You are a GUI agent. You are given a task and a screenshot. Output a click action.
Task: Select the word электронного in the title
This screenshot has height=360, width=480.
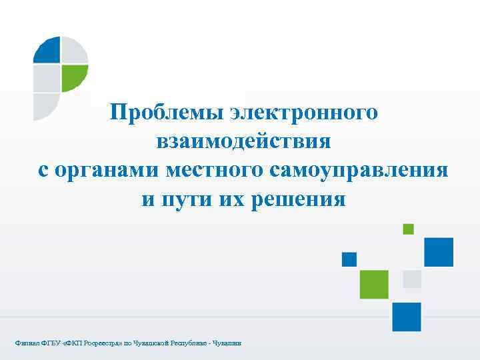tap(304, 112)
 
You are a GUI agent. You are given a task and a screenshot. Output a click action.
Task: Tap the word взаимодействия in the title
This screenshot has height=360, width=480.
tap(243, 141)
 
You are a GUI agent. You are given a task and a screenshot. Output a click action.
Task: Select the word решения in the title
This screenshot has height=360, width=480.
tap(299, 199)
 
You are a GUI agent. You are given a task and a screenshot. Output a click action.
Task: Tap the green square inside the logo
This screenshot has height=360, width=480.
tap(74, 78)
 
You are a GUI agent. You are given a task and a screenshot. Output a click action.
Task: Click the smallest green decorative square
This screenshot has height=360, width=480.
tap(408, 229)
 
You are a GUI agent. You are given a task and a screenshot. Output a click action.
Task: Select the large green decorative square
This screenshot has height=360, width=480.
tap(373, 284)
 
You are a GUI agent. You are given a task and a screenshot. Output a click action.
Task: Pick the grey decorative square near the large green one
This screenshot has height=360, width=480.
tap(412, 279)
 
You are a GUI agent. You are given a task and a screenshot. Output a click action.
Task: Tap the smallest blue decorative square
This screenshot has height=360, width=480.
tap(349, 259)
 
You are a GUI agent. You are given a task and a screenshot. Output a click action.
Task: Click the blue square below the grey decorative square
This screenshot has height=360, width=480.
tap(406, 317)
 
